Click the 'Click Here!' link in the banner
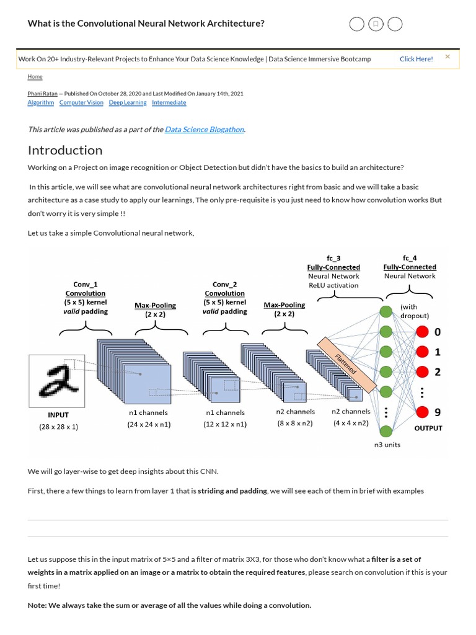[x=416, y=59]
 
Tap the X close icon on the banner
[x=447, y=57]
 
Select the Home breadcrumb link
[x=35, y=76]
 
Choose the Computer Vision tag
[x=81, y=103]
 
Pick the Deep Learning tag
[x=128, y=103]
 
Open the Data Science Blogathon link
[x=205, y=130]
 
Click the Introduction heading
[x=65, y=150]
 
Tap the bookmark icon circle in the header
[x=375, y=24]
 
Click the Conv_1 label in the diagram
[x=86, y=285]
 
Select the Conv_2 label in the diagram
[x=224, y=285]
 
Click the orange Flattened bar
[x=346, y=365]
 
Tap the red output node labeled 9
[x=422, y=412]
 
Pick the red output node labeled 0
[x=422, y=332]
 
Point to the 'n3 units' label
[x=387, y=445]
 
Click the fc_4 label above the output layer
[x=410, y=258]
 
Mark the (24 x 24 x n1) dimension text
[x=149, y=424]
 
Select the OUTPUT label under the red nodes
[x=428, y=428]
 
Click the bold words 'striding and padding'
[x=232, y=491]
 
